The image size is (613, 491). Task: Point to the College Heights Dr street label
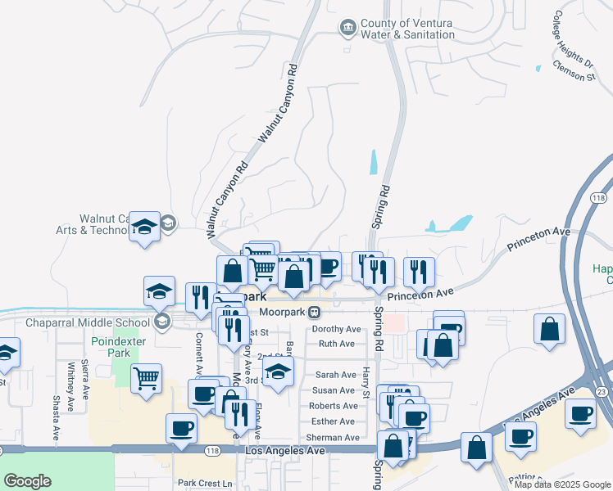[x=573, y=38]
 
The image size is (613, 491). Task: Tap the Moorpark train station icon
[x=314, y=313]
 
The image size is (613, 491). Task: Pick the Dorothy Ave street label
[x=336, y=329]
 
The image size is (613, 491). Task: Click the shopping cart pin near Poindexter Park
[x=146, y=380]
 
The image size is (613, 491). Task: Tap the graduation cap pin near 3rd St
[x=279, y=372]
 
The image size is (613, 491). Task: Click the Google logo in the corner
[x=27, y=481]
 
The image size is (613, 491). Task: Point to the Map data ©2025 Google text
[x=563, y=484]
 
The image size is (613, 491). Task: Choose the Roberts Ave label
[x=333, y=406]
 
